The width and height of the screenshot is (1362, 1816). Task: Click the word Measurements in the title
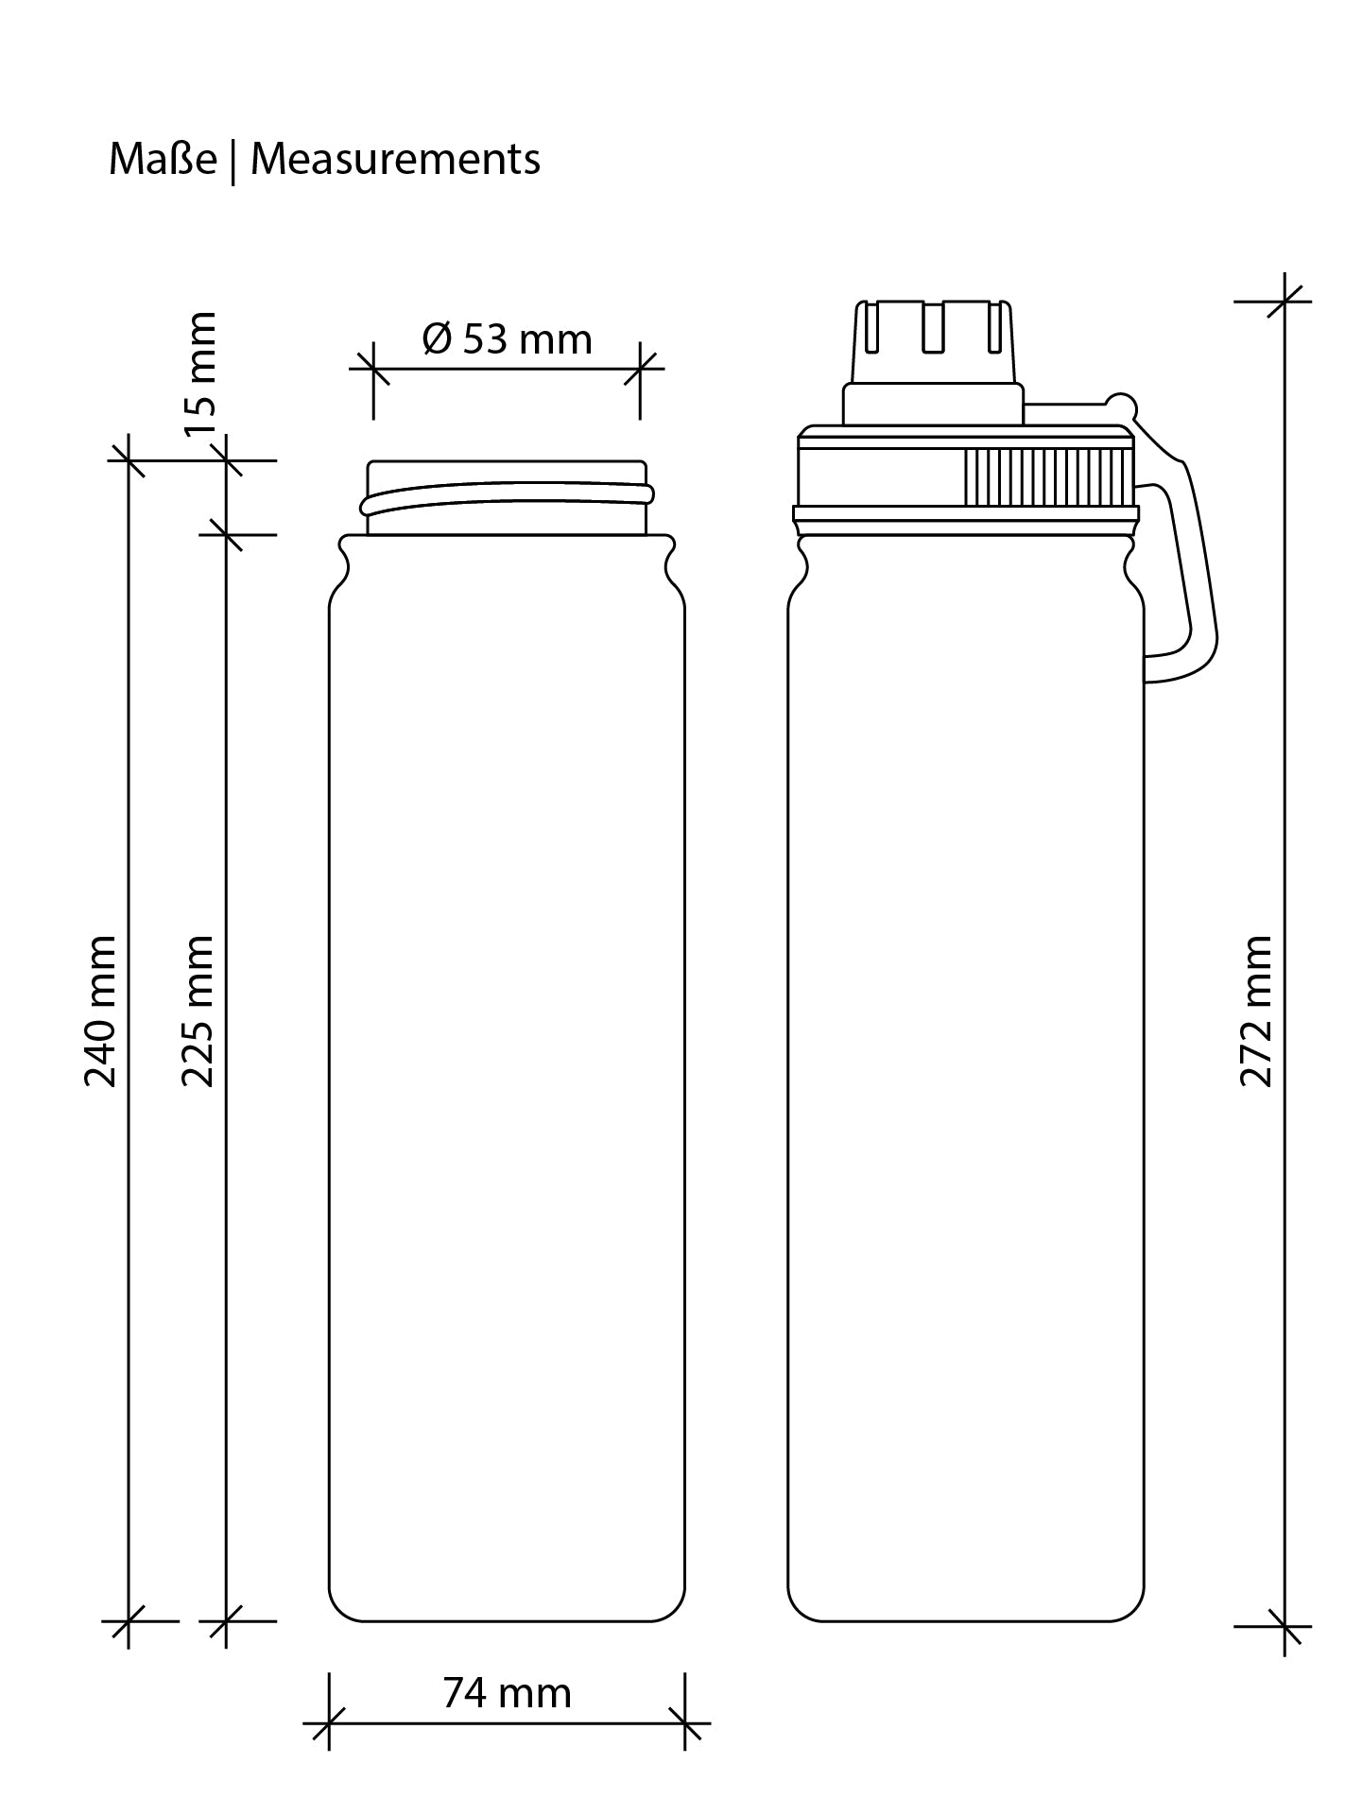(x=395, y=159)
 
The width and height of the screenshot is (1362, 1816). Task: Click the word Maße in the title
(x=163, y=159)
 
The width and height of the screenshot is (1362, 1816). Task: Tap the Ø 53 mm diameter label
(x=508, y=338)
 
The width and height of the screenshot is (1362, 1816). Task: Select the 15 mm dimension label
(x=201, y=373)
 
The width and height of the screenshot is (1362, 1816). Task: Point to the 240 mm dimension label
(x=101, y=1011)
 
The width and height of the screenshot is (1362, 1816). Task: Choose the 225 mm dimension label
(x=198, y=1011)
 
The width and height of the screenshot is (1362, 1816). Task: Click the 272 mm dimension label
(x=1256, y=1011)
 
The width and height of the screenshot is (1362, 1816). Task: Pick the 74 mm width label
(x=508, y=1693)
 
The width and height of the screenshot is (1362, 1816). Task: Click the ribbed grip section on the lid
(x=1045, y=478)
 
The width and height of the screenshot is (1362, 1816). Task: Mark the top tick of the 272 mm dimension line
(x=1284, y=302)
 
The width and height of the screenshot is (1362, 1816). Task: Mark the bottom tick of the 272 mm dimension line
(x=1284, y=1627)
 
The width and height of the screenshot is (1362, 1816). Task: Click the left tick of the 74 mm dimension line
(x=329, y=1723)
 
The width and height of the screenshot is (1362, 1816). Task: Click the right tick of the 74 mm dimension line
(x=685, y=1723)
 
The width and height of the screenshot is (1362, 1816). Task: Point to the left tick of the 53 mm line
(x=373, y=368)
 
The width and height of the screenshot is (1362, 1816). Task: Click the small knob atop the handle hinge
(x=1122, y=406)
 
